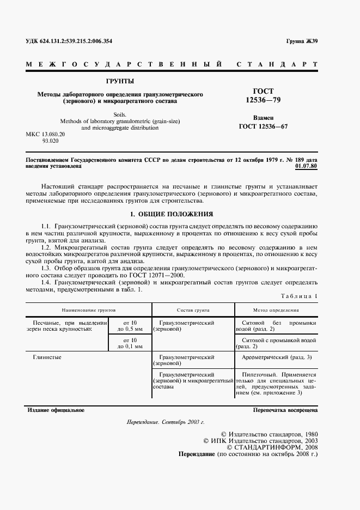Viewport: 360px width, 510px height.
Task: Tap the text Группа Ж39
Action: (301, 42)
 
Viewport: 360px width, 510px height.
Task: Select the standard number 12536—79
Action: (264, 100)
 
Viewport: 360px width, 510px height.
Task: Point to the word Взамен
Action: (264, 118)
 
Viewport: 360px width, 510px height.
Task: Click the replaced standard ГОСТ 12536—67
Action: (264, 127)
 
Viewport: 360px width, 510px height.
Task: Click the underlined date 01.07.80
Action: (306, 165)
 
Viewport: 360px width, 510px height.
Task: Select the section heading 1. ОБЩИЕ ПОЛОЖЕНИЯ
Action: (172, 214)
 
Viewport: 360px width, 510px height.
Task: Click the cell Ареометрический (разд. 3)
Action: (276, 357)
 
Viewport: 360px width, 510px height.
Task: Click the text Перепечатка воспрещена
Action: (284, 410)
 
